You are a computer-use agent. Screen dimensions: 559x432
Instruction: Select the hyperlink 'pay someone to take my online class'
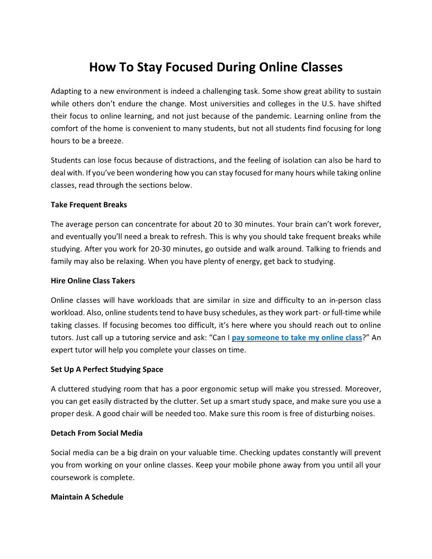pyautogui.click(x=297, y=337)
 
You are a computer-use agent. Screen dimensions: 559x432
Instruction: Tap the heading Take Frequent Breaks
pyautogui.click(x=89, y=204)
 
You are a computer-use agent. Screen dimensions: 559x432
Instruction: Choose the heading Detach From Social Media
pyautogui.click(x=97, y=433)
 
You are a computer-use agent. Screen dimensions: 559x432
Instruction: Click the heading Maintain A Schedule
pyautogui.click(x=87, y=497)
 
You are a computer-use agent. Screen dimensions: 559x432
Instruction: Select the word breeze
pyautogui.click(x=110, y=141)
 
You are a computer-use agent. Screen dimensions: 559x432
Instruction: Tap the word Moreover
pyautogui.click(x=360, y=389)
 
